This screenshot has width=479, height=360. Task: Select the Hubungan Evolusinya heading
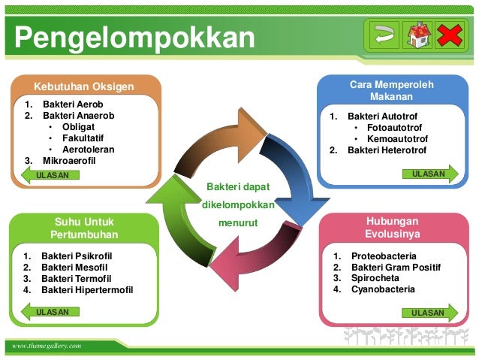coord(392,228)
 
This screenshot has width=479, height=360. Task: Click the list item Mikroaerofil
coord(70,160)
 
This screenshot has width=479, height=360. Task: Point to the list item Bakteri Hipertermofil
coord(87,289)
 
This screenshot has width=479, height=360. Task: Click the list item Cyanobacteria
coord(383,289)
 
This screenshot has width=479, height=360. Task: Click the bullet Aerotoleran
coord(89,149)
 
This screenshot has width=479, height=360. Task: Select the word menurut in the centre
coord(238,223)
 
